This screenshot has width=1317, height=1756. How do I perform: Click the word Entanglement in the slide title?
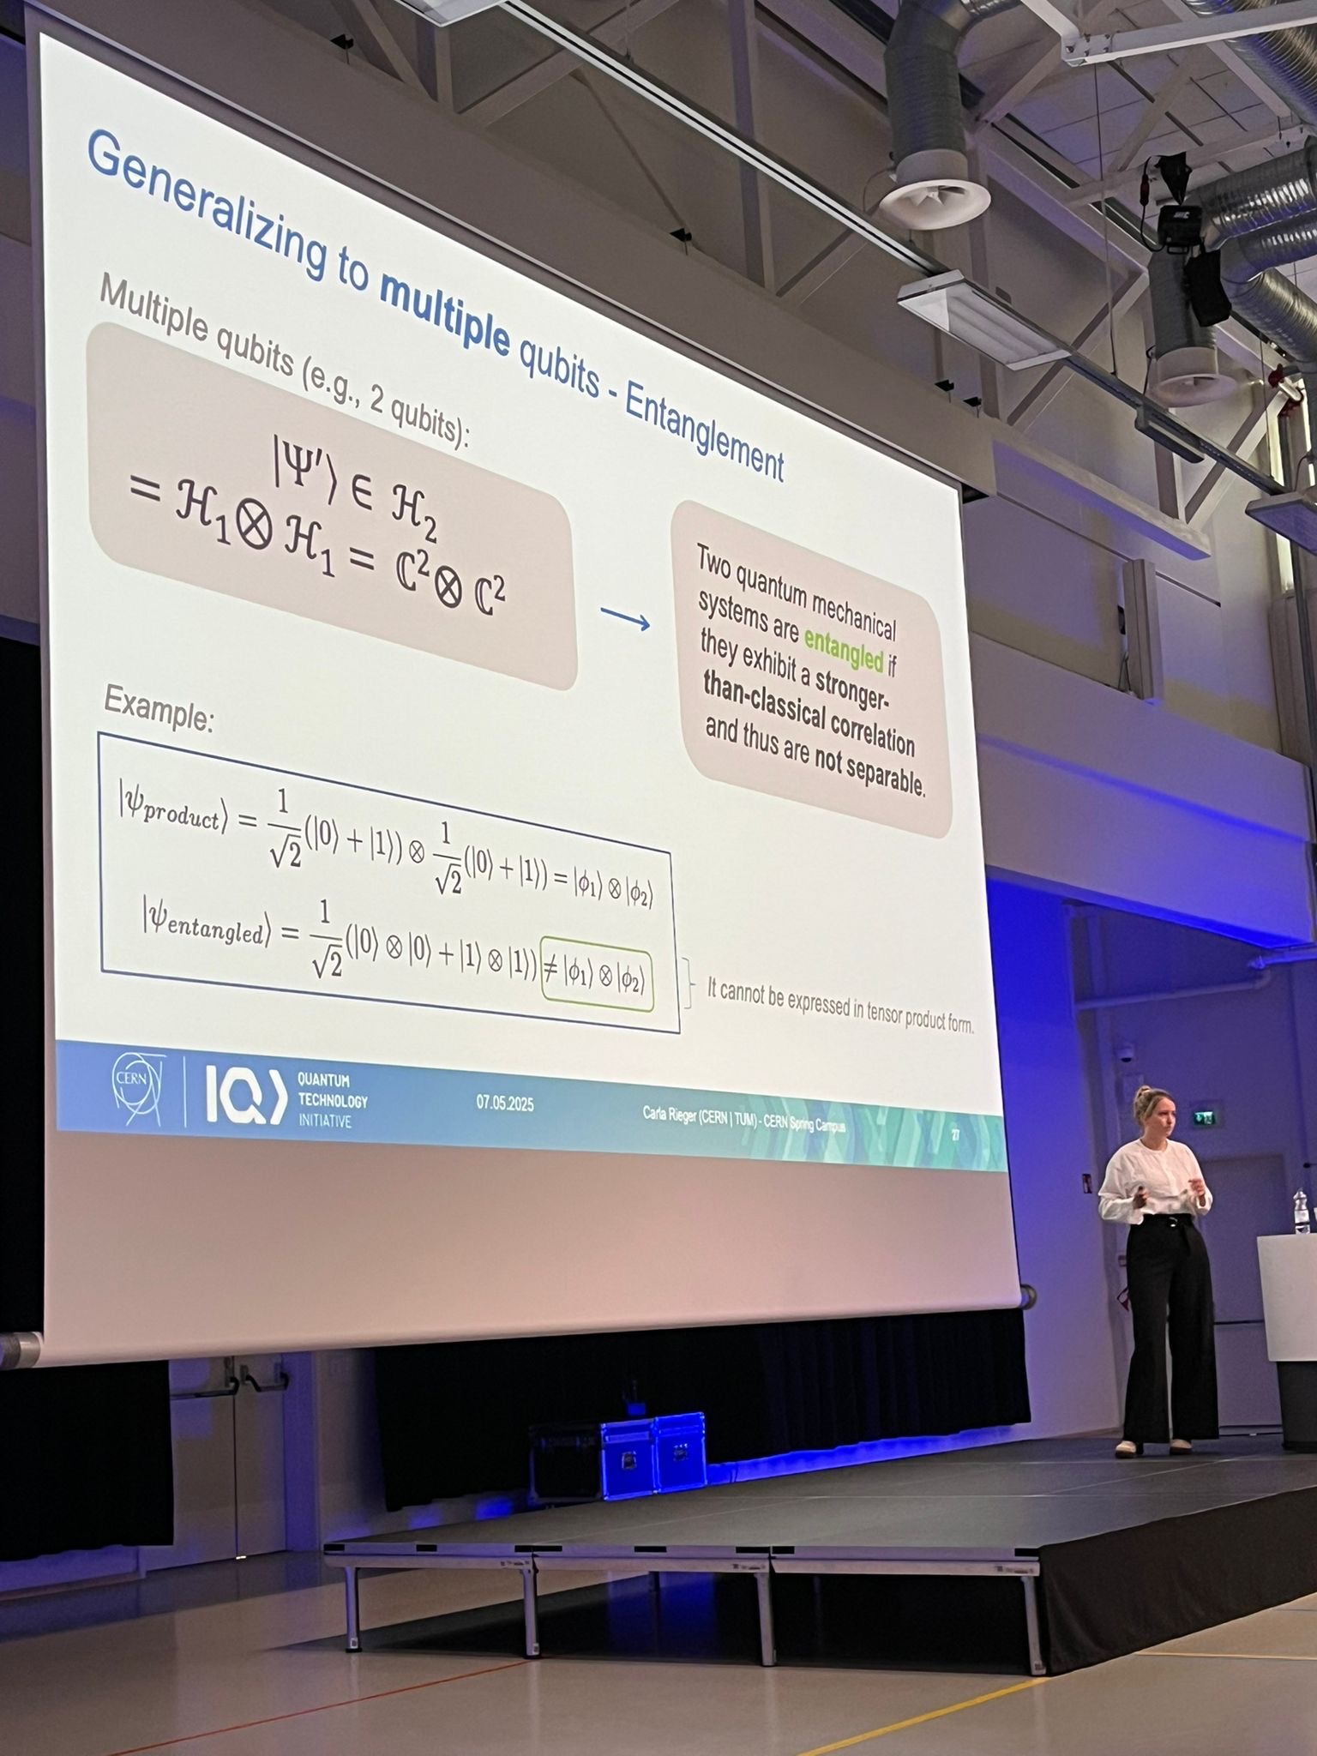703,433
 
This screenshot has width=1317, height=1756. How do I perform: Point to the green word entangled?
843,647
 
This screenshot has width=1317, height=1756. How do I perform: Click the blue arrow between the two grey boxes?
625,618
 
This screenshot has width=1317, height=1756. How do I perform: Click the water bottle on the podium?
1301,1211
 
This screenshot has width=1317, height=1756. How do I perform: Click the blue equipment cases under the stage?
652,1454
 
